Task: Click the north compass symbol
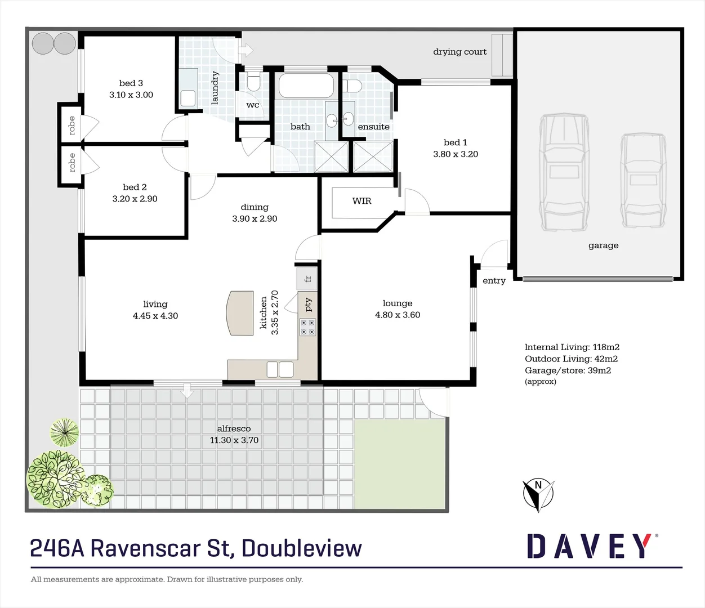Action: click(538, 494)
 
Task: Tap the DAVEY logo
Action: click(590, 546)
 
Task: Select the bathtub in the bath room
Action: click(306, 86)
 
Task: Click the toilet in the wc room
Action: click(253, 82)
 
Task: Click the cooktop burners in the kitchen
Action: click(307, 327)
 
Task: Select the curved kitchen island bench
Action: click(239, 313)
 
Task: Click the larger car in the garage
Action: click(564, 172)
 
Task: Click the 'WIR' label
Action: click(362, 201)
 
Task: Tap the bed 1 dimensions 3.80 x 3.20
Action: click(455, 154)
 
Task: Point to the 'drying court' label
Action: click(459, 52)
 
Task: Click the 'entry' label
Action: click(494, 281)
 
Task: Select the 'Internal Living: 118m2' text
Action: click(572, 347)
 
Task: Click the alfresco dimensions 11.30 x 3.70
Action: click(234, 440)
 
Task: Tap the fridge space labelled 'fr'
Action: click(307, 279)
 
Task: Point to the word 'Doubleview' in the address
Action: click(302, 548)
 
